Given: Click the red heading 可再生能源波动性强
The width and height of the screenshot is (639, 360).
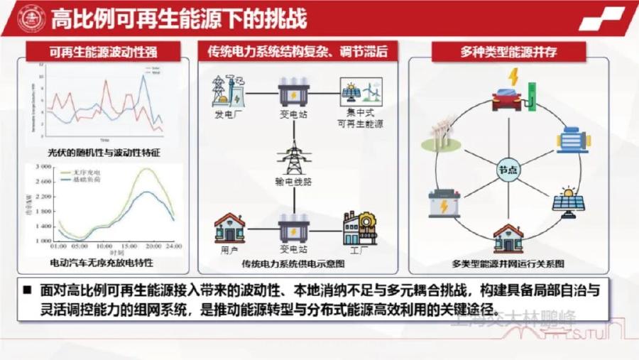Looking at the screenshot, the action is click(103, 52).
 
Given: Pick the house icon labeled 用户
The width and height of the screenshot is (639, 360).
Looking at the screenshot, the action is click(229, 227).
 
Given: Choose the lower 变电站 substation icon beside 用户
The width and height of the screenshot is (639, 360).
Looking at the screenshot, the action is click(293, 229).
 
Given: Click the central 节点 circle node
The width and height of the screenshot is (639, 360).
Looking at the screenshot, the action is click(508, 171).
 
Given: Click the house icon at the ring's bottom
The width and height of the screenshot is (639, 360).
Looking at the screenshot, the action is click(508, 239).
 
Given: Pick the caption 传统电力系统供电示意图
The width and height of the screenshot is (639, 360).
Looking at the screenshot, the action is click(293, 264).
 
